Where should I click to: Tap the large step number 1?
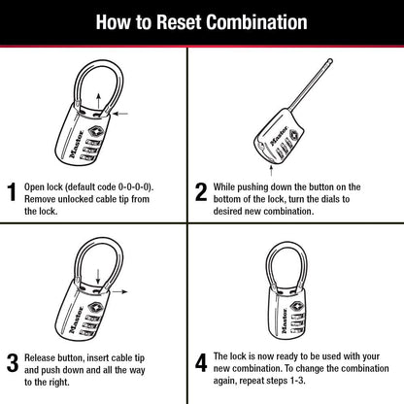coord(12,192)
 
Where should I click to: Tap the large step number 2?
coord(201,192)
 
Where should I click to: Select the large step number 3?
coord(12,363)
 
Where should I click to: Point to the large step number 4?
coord(201,363)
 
